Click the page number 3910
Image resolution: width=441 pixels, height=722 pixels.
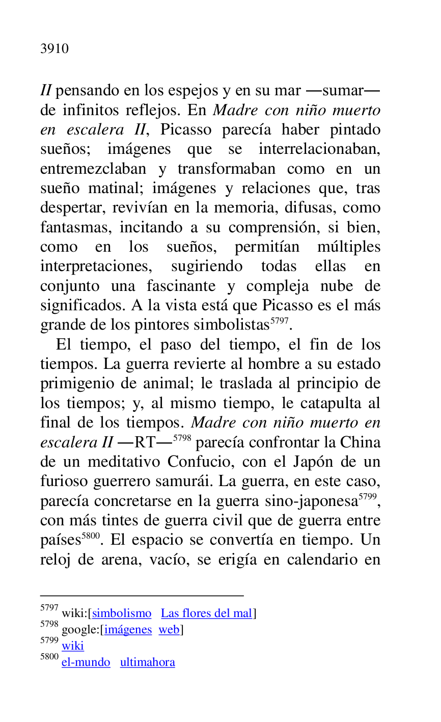pyautogui.click(x=54, y=49)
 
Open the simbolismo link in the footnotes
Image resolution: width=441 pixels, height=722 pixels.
pyautogui.click(x=122, y=613)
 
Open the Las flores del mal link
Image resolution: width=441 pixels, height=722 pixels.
pyautogui.click(x=207, y=613)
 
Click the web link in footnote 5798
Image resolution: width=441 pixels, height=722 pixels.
pyautogui.click(x=169, y=630)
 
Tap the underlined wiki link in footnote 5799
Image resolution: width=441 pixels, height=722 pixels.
pyautogui.click(x=73, y=646)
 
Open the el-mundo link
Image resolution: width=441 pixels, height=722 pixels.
pyautogui.click(x=86, y=662)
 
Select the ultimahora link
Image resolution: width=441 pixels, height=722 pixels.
pyautogui.click(x=148, y=662)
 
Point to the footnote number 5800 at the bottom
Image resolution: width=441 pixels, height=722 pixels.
pyautogui.click(x=49, y=657)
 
